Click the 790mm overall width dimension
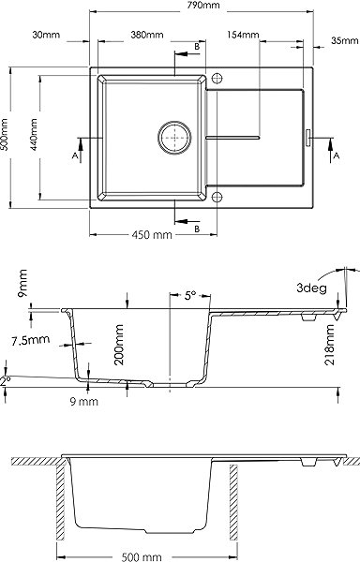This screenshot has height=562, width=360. point(203,5)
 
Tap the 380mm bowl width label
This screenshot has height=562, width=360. point(147,35)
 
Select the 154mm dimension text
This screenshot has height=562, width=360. point(243,35)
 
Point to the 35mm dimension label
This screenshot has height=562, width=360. point(345,40)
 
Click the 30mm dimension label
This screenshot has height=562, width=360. point(46,35)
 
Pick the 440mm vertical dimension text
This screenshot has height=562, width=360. point(34,134)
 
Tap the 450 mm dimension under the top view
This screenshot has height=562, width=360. point(152,235)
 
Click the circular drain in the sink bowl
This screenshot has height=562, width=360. point(174,138)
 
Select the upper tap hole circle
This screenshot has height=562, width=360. point(217,78)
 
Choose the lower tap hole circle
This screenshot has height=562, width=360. point(217,197)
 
